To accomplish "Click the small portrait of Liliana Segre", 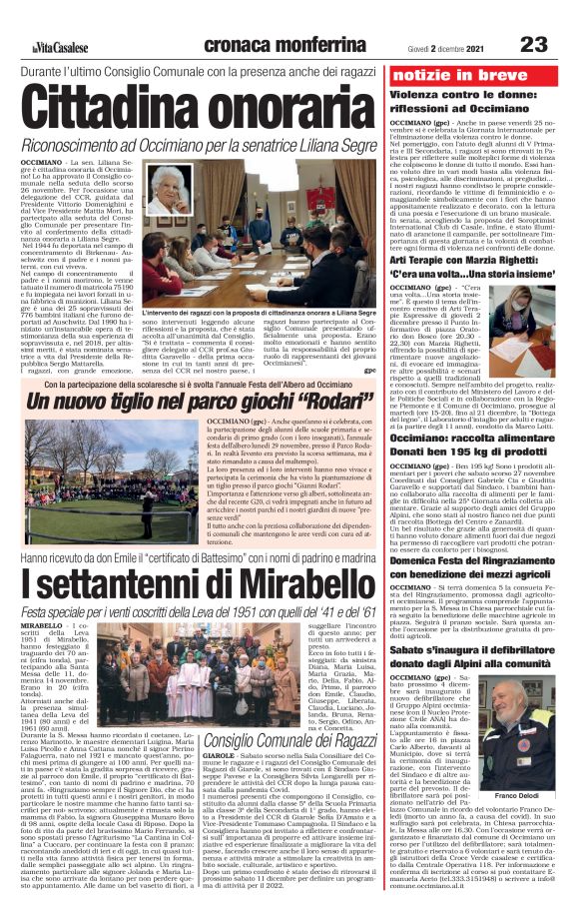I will (x=170, y=191).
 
